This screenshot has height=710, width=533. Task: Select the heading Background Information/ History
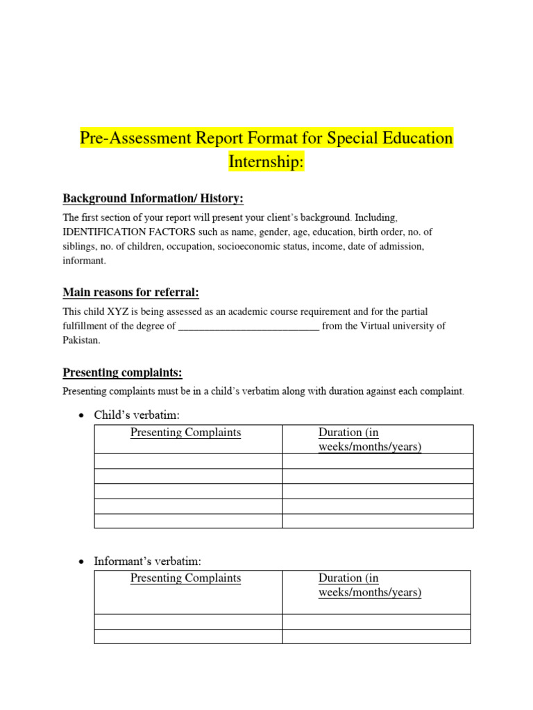153,199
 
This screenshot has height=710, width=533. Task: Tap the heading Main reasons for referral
130,292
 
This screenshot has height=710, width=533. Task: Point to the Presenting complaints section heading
122,373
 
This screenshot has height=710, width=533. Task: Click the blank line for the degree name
248,326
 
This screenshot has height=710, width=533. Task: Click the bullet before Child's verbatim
81,415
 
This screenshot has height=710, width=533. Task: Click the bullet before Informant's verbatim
81,561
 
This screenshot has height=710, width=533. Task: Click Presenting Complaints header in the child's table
185,433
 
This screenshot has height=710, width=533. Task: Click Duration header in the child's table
369,440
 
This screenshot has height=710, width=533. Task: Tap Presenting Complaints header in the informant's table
185,578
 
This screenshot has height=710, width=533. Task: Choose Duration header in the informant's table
369,585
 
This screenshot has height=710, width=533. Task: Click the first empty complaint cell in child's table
188,461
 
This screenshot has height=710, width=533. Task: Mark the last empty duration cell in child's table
378,521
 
